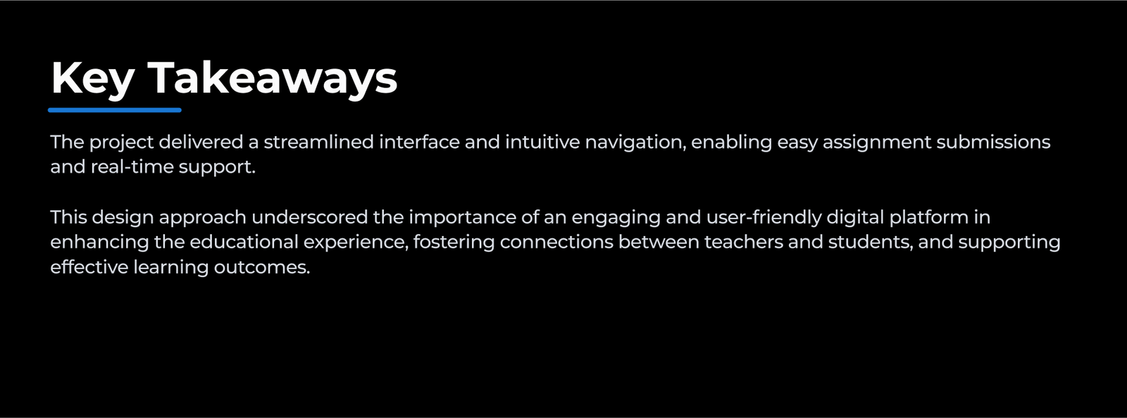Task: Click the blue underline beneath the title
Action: click(115, 110)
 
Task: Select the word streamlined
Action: click(319, 142)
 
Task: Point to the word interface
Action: click(420, 142)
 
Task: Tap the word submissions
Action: click(993, 142)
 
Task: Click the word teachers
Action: click(744, 242)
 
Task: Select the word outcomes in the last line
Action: click(262, 267)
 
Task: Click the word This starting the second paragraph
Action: click(68, 218)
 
